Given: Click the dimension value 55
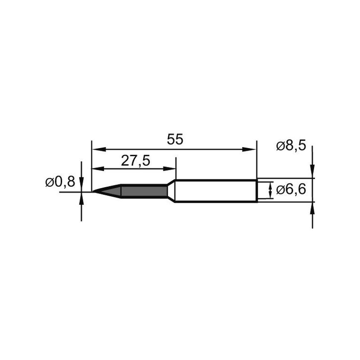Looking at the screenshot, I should (175, 139).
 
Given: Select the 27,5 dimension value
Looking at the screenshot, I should (135, 160).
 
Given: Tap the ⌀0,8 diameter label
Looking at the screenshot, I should (60, 182).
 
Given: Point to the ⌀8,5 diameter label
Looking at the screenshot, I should (292, 146).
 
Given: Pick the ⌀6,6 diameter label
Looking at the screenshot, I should (292, 190).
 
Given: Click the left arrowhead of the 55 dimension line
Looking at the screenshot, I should (95, 149).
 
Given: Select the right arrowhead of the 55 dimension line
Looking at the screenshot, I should (252, 149).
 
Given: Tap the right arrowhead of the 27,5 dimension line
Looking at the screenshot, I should (171, 169).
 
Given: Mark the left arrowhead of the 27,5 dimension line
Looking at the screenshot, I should (95, 169).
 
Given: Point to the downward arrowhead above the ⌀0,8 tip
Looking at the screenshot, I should (81, 185).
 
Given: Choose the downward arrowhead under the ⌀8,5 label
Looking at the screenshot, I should (312, 173).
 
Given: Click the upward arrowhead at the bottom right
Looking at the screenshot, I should (312, 208).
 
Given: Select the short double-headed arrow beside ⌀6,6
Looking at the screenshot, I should (270, 190).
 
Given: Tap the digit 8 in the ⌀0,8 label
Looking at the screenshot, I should (71, 182).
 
